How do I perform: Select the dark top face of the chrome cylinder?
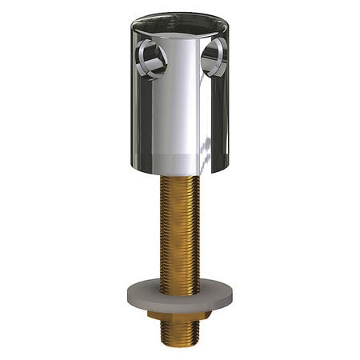pos(179,24)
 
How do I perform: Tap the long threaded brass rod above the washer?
pos(179,232)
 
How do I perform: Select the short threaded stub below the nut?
pos(179,334)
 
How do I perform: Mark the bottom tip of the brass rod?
pos(179,346)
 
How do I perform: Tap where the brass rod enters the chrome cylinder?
pos(179,178)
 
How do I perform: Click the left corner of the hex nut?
pos(150,316)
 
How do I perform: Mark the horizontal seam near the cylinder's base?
pos(179,154)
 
